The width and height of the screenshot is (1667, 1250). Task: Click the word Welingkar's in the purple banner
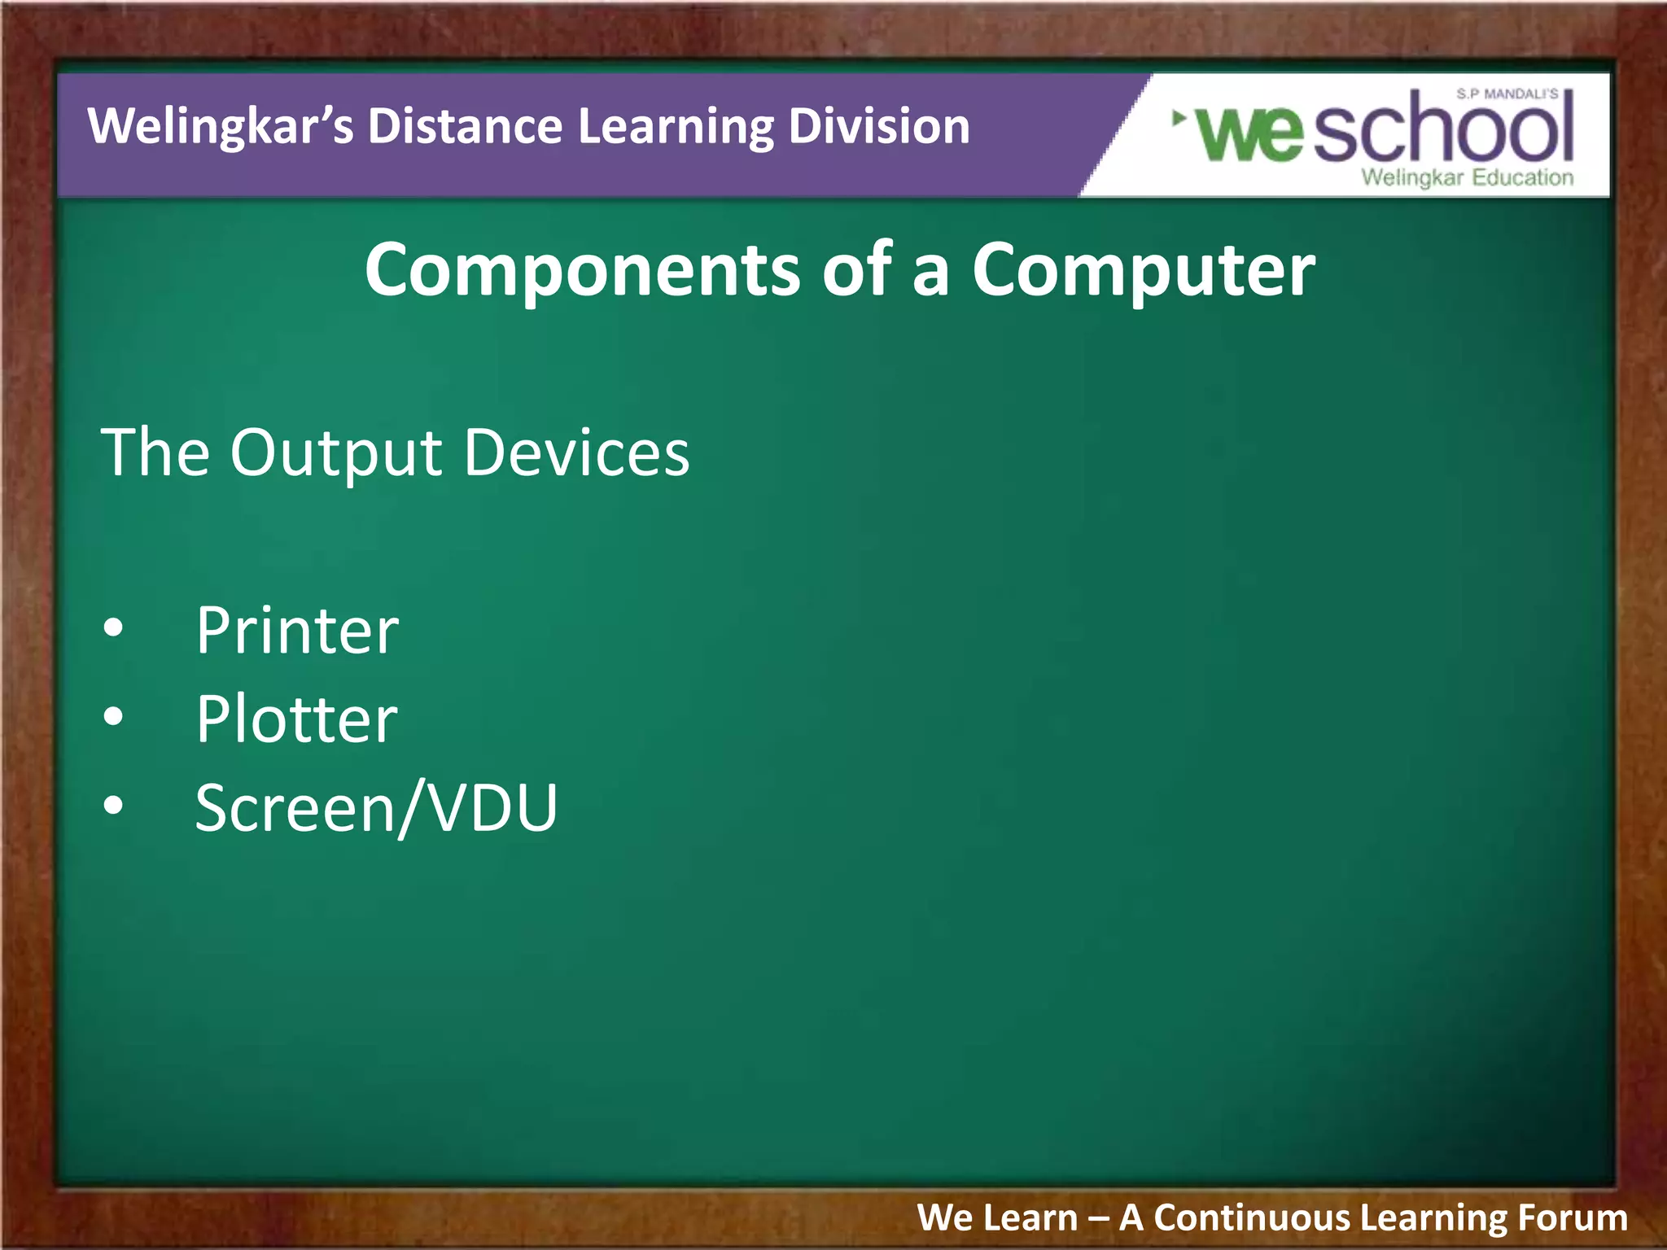click(220, 127)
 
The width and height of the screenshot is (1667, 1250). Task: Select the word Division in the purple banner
click(878, 127)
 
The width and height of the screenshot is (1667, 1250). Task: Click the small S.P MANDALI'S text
click(1507, 94)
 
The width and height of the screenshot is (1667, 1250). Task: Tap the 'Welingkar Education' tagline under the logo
click(1467, 177)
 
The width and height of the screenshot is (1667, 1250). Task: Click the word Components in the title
click(582, 270)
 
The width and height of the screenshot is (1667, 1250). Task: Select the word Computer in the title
click(1143, 270)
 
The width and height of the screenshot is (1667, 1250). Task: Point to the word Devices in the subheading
click(576, 452)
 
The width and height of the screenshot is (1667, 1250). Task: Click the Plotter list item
click(296, 719)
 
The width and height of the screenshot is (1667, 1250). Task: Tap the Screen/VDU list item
click(376, 808)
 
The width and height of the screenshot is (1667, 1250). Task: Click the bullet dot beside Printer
click(114, 627)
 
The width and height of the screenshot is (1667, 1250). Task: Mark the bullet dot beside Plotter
click(114, 716)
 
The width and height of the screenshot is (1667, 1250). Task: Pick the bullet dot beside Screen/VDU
click(114, 805)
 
